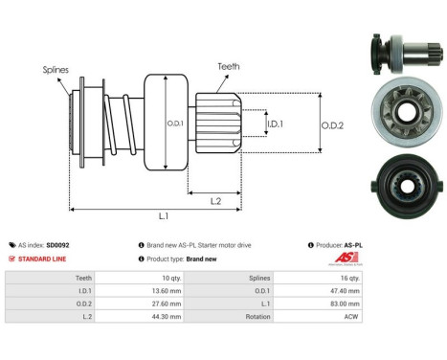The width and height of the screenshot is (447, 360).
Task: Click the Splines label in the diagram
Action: (56, 70)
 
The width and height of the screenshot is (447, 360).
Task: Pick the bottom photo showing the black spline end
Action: (391, 177)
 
